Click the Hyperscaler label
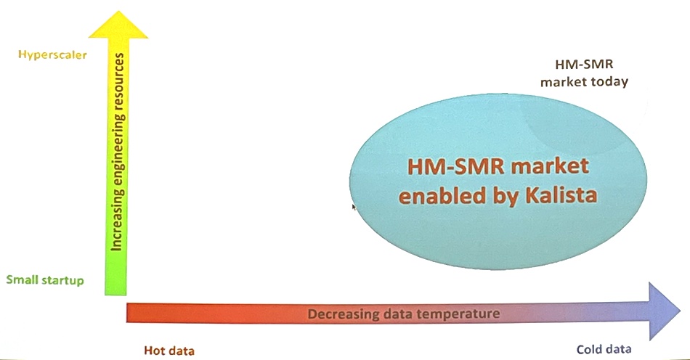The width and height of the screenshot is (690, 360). click(52, 55)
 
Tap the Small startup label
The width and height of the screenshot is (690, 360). click(45, 280)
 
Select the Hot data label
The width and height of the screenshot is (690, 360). click(169, 351)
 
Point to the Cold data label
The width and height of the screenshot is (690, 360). click(604, 349)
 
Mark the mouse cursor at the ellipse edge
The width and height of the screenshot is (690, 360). click(354, 207)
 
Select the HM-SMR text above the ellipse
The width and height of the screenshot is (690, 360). click(584, 64)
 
